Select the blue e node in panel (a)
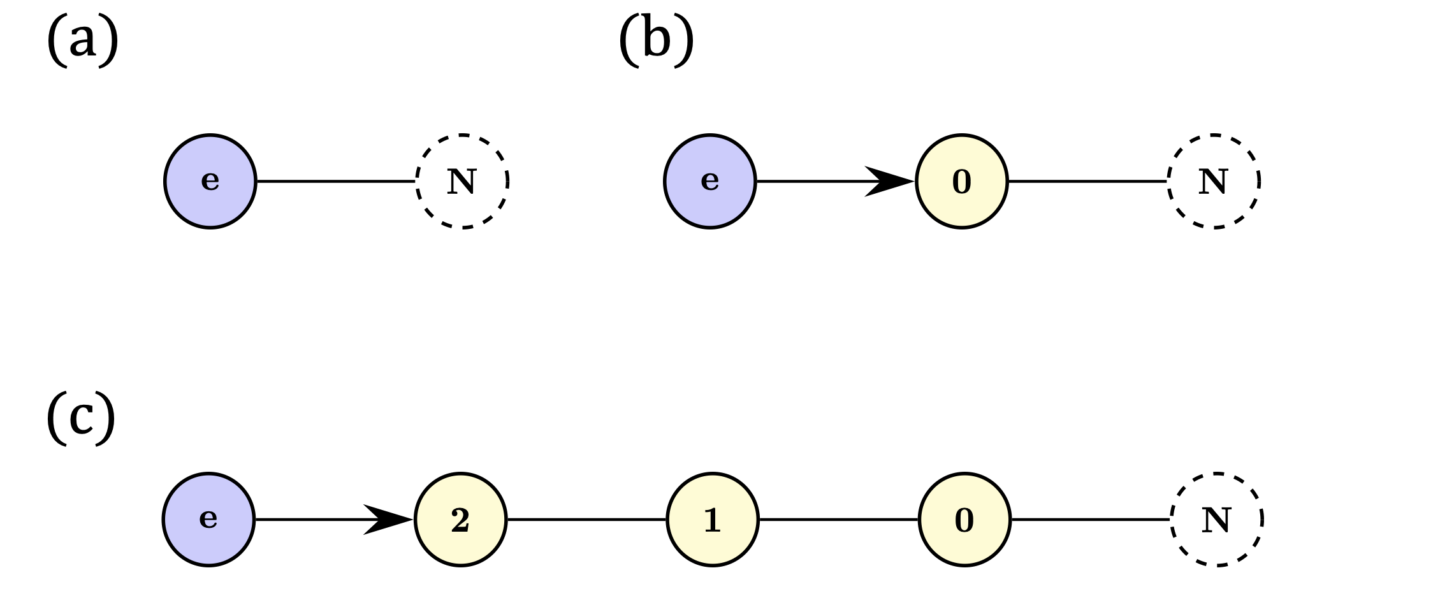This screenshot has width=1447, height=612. click(210, 181)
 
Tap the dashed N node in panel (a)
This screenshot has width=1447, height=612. click(462, 181)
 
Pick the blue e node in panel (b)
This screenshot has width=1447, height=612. click(709, 181)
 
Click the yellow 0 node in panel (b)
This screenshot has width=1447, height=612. click(961, 181)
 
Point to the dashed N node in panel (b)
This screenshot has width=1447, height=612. click(1213, 181)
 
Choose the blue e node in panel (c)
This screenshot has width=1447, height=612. click(208, 519)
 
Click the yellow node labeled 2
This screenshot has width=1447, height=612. click(460, 519)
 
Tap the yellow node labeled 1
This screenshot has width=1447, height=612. click(712, 519)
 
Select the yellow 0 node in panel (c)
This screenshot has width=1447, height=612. click(964, 519)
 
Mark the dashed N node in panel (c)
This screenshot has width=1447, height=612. click(1216, 519)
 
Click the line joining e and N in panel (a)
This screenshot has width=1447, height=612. click(336, 181)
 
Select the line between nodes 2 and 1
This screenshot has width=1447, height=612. click(586, 519)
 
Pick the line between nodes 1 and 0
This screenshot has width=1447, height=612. click(838, 519)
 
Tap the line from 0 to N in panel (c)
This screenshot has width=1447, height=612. click(1090, 519)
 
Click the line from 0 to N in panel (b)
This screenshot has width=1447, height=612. click(1087, 181)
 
